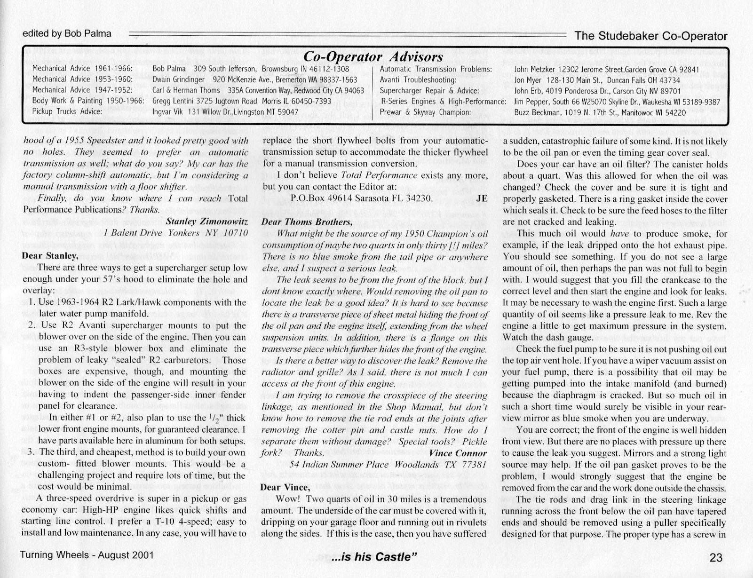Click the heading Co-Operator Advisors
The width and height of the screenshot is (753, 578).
coord(373,56)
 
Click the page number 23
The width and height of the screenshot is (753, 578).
coord(715,558)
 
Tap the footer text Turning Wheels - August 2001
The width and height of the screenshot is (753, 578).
coord(87,554)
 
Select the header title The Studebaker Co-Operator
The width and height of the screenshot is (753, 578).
coord(651,36)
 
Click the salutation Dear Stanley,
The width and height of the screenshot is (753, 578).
coord(50,256)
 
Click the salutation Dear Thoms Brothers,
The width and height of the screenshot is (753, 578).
coord(307,222)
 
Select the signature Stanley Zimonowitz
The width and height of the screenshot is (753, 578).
coord(207,221)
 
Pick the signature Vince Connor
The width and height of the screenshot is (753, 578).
coord(458,453)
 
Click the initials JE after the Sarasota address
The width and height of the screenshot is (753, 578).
coord(482,198)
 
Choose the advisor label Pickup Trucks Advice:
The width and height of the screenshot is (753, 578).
coord(67,112)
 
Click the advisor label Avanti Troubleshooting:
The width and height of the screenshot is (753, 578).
coord(418,80)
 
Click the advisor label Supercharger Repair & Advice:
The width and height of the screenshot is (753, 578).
coord(429,91)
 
